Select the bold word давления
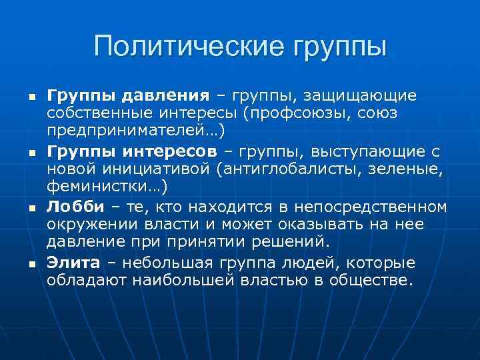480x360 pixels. click(x=164, y=96)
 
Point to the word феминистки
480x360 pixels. click(x=95, y=186)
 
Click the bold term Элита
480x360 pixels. click(x=73, y=263)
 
